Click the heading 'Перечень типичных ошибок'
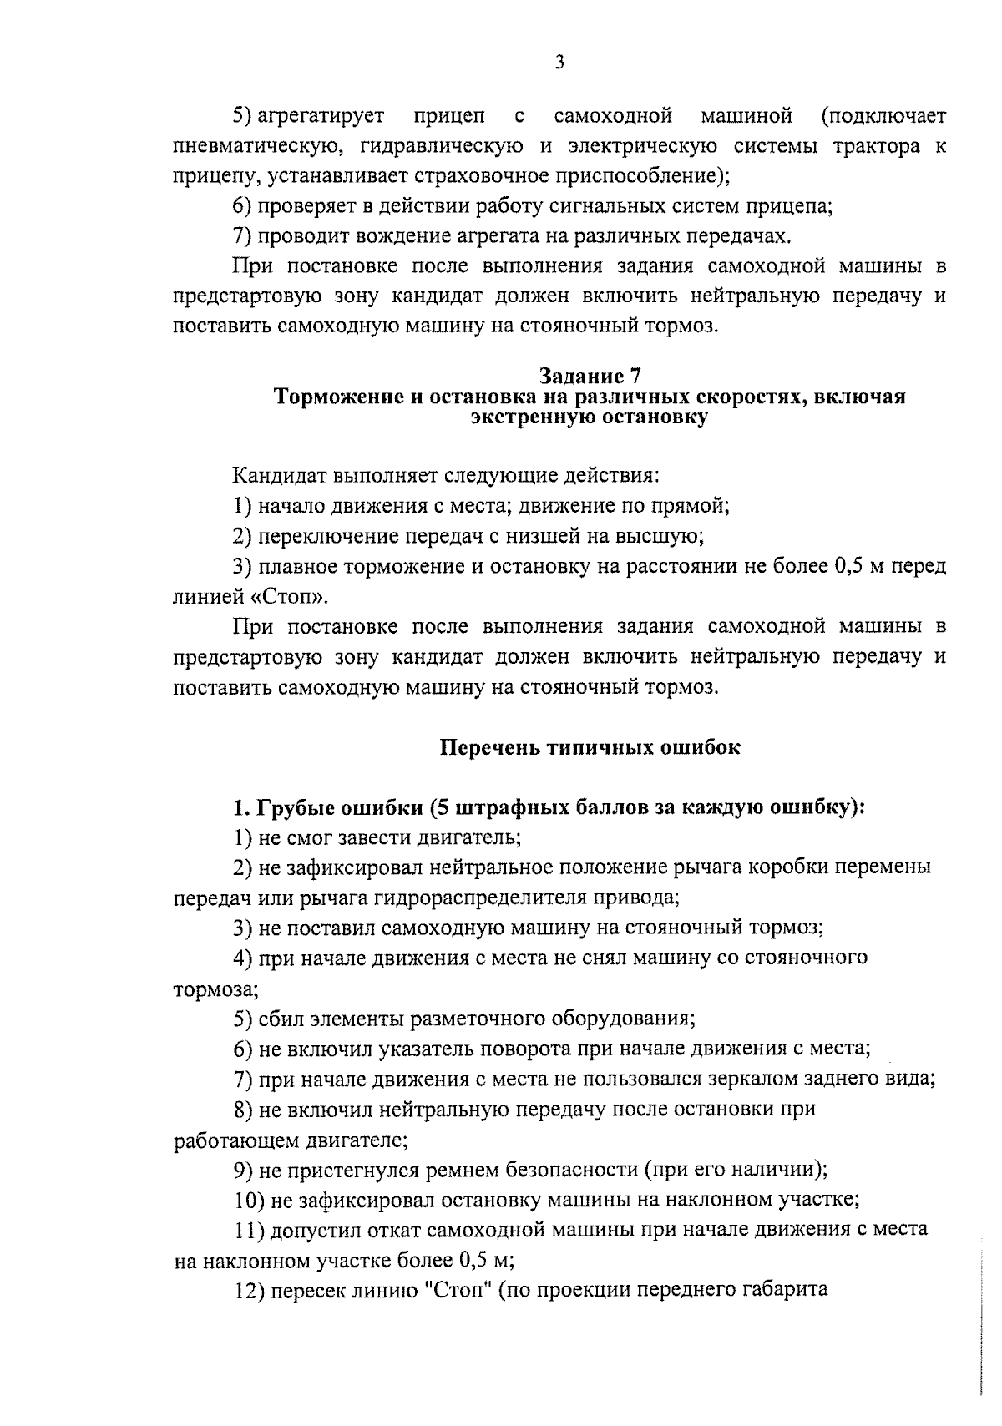(590, 747)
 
